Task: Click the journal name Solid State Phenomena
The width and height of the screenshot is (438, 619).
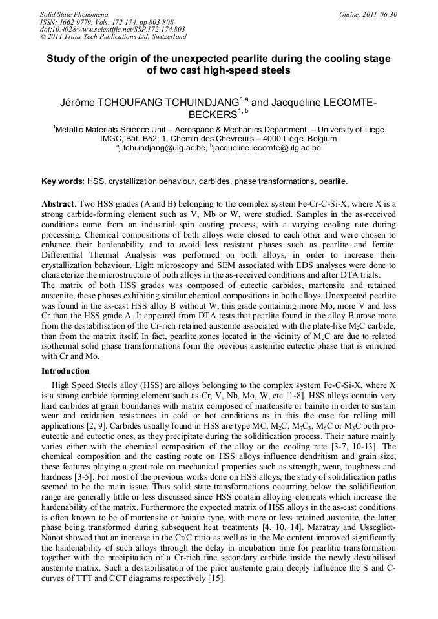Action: (x=74, y=14)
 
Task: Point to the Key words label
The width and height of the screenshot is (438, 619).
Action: (x=63, y=181)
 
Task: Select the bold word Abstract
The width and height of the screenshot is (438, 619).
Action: (x=59, y=203)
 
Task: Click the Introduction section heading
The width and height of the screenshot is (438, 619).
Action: (x=65, y=371)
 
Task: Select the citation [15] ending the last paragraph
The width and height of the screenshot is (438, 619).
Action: (x=214, y=580)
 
